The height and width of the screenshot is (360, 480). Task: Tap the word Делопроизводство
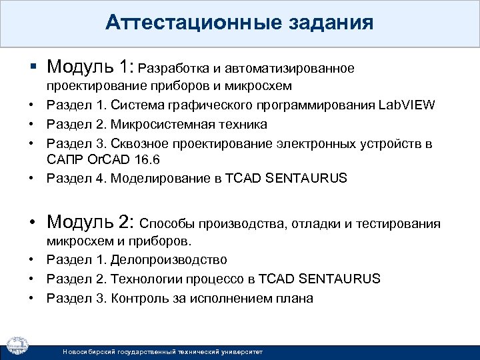[x=169, y=259]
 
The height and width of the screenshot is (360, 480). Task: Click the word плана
[x=297, y=298]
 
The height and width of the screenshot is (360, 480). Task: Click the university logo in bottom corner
[x=18, y=344]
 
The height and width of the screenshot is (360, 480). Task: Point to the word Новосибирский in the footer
[x=84, y=351]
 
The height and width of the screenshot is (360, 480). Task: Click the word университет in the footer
[x=241, y=351]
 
